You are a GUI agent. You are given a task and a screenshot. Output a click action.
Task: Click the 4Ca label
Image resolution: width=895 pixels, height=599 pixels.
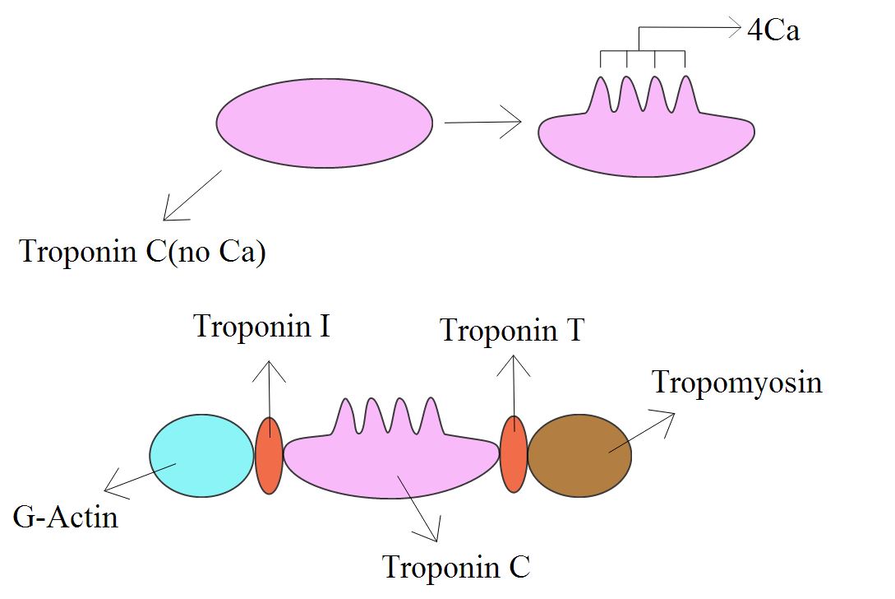(773, 32)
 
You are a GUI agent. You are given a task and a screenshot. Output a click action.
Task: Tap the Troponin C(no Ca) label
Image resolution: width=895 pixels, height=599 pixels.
(142, 251)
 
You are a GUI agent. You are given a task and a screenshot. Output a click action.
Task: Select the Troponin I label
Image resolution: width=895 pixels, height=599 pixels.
(262, 327)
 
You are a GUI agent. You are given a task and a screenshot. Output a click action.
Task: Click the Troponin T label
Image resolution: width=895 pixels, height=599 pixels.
(512, 331)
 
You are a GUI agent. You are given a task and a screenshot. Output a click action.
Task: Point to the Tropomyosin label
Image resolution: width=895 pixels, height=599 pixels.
(736, 383)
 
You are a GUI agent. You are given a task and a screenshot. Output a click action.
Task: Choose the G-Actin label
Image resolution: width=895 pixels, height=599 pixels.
(66, 518)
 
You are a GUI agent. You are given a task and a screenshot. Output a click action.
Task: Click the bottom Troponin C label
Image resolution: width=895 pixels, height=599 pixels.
(457, 567)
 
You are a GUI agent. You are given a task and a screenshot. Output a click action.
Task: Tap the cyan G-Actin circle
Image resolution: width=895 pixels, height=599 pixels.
(201, 456)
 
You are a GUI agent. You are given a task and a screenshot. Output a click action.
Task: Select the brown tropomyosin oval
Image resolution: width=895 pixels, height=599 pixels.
(579, 456)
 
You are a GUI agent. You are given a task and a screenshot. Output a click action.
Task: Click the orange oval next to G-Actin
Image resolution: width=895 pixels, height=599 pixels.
(269, 455)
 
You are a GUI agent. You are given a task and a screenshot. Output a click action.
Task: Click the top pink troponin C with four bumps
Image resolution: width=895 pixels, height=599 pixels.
(646, 140)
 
